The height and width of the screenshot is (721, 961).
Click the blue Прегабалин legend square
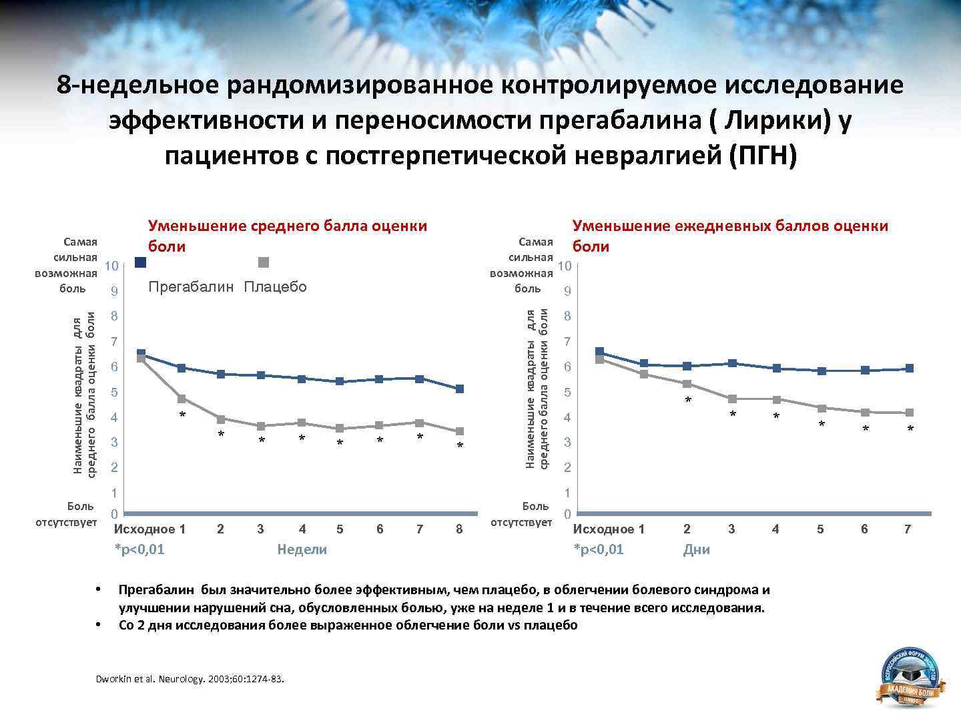click(x=140, y=262)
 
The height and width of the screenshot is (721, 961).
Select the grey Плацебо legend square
click(x=264, y=262)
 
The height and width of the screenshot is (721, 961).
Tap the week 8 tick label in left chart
click(x=459, y=529)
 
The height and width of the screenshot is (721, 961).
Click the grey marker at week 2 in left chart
click(x=221, y=419)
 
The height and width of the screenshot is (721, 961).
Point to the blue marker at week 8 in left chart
click(x=460, y=389)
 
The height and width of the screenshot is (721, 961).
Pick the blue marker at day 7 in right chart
click(x=910, y=369)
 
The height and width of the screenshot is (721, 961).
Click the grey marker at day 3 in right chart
click(x=732, y=399)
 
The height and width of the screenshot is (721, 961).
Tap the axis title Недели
click(x=302, y=549)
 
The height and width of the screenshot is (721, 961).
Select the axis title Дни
click(x=696, y=549)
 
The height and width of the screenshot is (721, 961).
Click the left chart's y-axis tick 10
click(x=111, y=266)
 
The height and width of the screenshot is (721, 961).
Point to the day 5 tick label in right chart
click(x=820, y=529)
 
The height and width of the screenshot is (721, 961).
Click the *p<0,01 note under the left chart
click(x=139, y=549)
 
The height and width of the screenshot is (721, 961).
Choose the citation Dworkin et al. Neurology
click(x=190, y=679)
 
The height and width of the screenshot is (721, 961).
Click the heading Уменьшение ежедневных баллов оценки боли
click(x=730, y=235)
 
